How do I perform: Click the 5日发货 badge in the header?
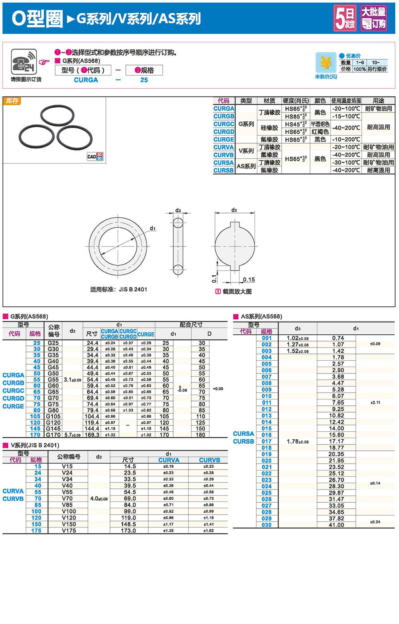tap(345, 18)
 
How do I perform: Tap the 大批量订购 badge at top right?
tap(373, 18)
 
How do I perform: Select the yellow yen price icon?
tap(326, 63)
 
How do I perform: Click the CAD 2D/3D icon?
tap(95, 156)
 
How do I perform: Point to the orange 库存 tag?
tap(12, 101)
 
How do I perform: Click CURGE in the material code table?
tap(223, 140)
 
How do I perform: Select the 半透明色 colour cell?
tap(320, 124)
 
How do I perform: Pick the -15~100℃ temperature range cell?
tap(346, 117)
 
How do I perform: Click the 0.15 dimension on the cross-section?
tap(249, 280)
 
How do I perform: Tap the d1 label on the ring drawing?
tap(153, 228)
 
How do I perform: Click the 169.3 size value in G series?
tap(92, 435)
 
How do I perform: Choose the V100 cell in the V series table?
tap(69, 511)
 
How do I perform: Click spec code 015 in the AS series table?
tap(267, 429)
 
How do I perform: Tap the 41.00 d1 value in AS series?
tap(336, 525)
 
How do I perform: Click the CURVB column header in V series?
tap(209, 460)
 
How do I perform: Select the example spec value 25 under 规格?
tap(144, 80)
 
